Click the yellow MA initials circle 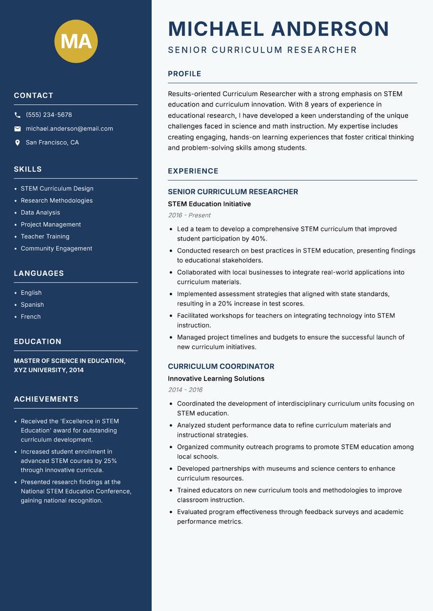click(x=76, y=41)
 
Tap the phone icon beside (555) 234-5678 click(x=17, y=115)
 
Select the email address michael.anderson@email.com click(x=69, y=129)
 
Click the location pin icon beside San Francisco click(x=17, y=143)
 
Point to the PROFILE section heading click(x=184, y=74)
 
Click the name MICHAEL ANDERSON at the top click(x=278, y=29)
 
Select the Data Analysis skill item click(x=40, y=212)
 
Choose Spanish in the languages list click(x=32, y=304)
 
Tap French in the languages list click(x=30, y=316)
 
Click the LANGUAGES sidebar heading click(x=38, y=274)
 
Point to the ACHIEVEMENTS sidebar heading click(x=46, y=399)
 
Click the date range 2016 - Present click(x=189, y=215)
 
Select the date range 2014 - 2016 click(x=185, y=390)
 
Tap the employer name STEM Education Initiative click(x=209, y=204)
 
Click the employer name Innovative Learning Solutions click(x=216, y=378)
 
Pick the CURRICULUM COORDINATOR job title click(x=221, y=366)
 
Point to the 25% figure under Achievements click(x=110, y=461)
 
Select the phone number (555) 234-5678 click(x=49, y=115)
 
